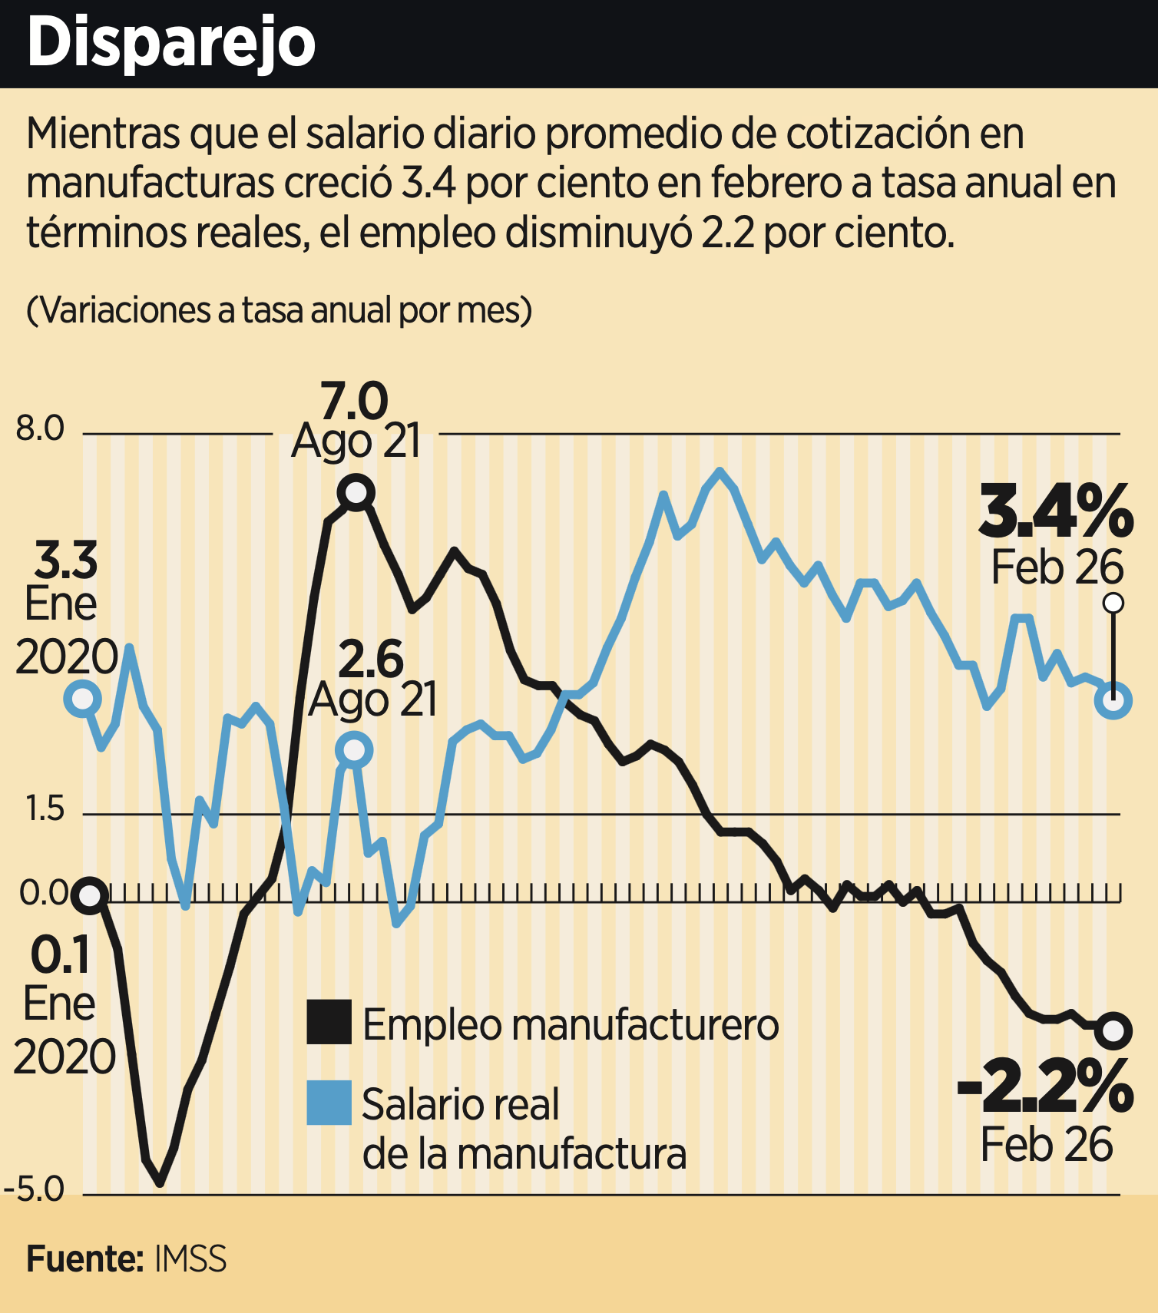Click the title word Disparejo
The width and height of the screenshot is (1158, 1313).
pyautogui.click(x=170, y=44)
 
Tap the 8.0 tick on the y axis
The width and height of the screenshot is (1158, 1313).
pyautogui.click(x=40, y=428)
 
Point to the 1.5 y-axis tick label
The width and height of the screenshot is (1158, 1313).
pyautogui.click(x=45, y=809)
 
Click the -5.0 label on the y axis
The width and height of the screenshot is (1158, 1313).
pyautogui.click(x=35, y=1189)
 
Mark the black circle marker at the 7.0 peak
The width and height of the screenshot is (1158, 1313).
pyautogui.click(x=357, y=492)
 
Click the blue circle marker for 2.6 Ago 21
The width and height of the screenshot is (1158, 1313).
pyautogui.click(x=354, y=749)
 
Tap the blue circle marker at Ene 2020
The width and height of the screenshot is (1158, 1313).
pyautogui.click(x=82, y=699)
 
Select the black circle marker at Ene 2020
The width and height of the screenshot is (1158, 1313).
pyautogui.click(x=90, y=895)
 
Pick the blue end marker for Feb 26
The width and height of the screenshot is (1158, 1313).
pyautogui.click(x=1113, y=700)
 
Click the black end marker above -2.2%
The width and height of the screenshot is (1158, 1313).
pyautogui.click(x=1113, y=1030)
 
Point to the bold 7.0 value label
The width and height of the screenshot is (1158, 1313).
pyautogui.click(x=354, y=402)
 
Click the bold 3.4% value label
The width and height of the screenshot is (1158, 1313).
pyautogui.click(x=1056, y=512)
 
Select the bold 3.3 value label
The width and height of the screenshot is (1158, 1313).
pyautogui.click(x=66, y=561)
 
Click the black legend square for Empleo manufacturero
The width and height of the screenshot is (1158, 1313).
pyautogui.click(x=329, y=1022)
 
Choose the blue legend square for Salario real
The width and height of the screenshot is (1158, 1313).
pyautogui.click(x=329, y=1103)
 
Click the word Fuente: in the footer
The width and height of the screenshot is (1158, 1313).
pyautogui.click(x=84, y=1260)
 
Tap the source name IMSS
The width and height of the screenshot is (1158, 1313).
pyautogui.click(x=190, y=1260)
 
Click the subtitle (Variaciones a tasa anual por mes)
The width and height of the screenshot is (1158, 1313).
pyautogui.click(x=279, y=311)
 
